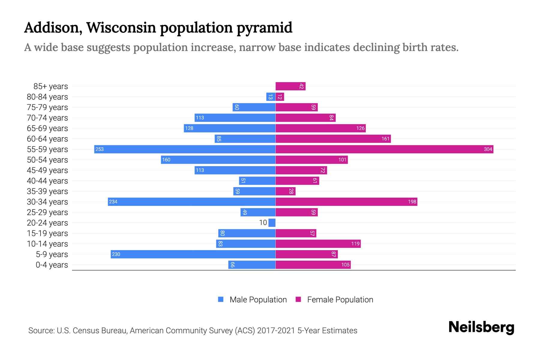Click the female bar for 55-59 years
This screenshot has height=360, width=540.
point(384,149)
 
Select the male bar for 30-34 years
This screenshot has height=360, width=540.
point(192,202)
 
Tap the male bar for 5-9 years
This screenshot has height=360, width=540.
point(193,254)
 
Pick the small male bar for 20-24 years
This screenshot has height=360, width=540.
point(272,223)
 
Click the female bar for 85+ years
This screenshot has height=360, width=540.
point(290,86)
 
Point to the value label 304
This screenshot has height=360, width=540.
point(488,149)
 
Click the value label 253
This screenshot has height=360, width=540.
point(100,149)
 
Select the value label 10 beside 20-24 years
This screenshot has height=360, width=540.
point(263,223)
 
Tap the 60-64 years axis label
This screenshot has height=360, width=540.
point(47,139)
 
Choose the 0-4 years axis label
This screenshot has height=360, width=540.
point(52,265)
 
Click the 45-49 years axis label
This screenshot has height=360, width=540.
point(47,170)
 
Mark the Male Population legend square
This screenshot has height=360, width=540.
point(221,299)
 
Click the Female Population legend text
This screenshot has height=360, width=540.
point(340,299)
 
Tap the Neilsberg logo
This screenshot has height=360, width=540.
point(481,327)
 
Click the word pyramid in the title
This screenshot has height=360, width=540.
point(264,28)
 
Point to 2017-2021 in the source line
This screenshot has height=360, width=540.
point(276,330)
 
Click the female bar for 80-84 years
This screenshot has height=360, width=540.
point(280,97)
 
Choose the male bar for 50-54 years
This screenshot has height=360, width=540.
point(218,160)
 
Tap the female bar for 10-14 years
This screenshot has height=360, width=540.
point(318,244)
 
